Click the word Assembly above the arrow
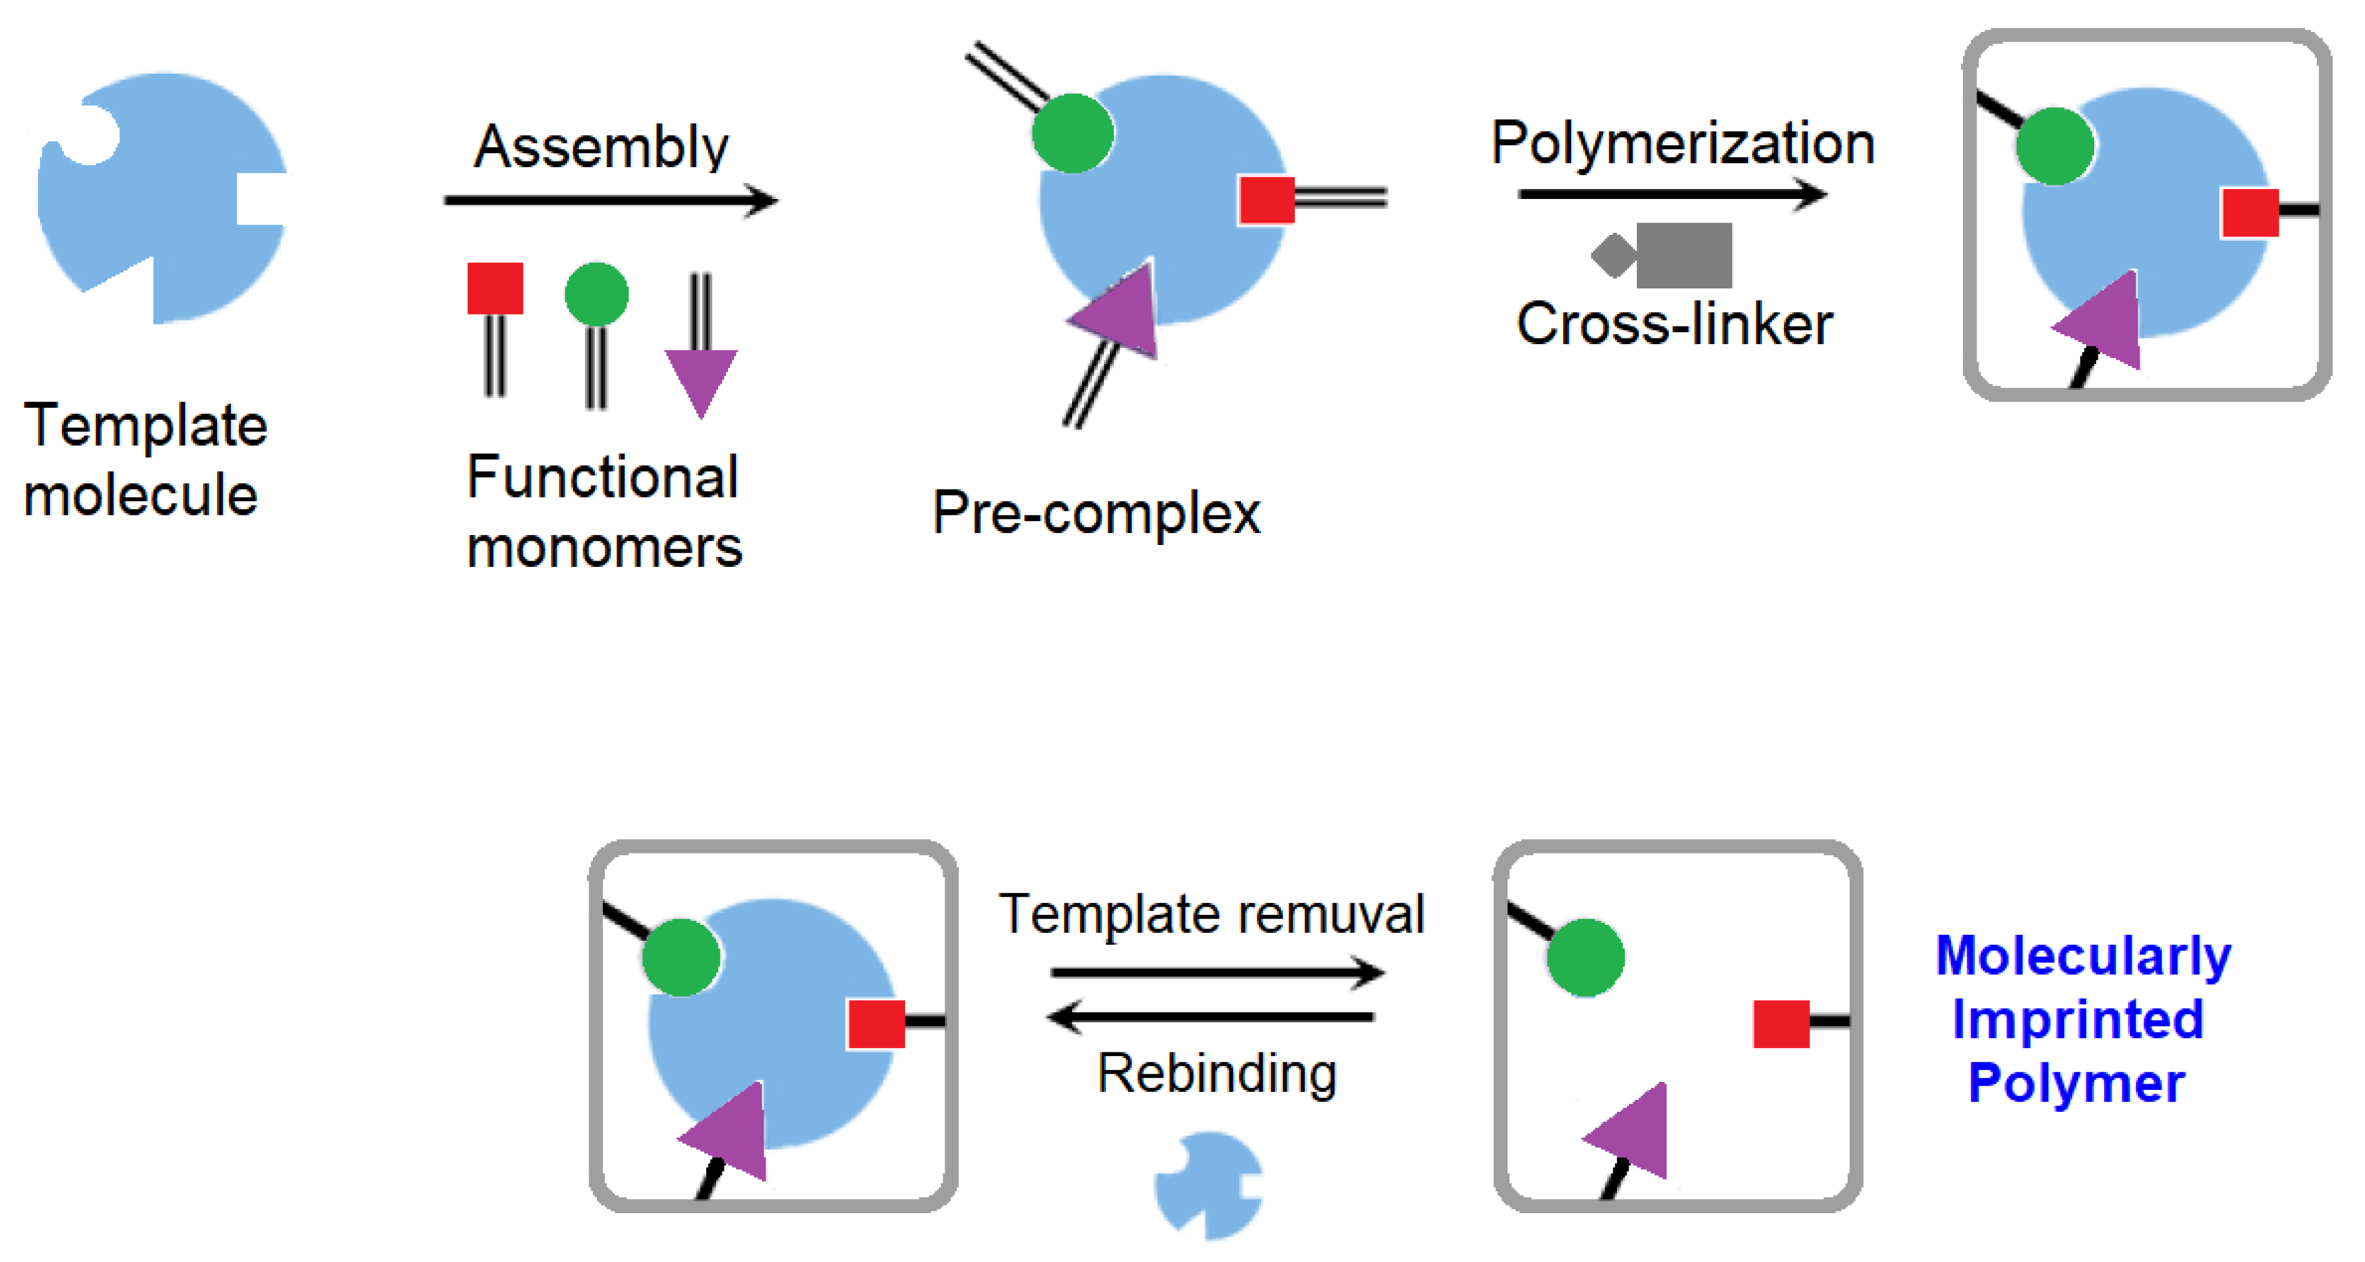pos(601,147)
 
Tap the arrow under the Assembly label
pos(610,200)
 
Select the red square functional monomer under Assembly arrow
pos(495,288)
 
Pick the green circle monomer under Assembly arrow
pos(597,295)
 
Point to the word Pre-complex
pos(1096,512)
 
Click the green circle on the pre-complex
pos(1072,133)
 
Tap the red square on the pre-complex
pos(1266,200)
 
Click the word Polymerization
pos(1682,143)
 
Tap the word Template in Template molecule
pos(145,426)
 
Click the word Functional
pos(602,477)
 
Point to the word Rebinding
pos(1217,1073)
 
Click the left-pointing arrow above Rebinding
pos(1210,1017)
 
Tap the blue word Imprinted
pos(2078,1019)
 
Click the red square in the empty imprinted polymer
pos(1780,1024)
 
